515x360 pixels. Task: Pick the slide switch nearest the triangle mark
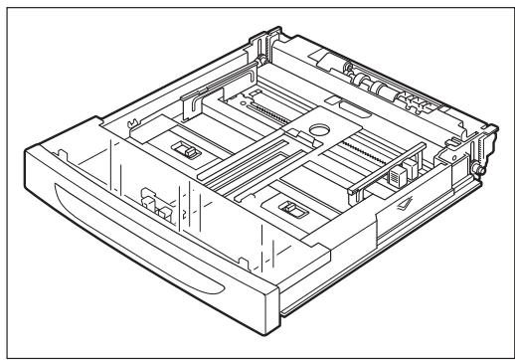pos(292,210)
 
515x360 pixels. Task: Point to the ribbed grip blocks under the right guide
pos(395,180)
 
